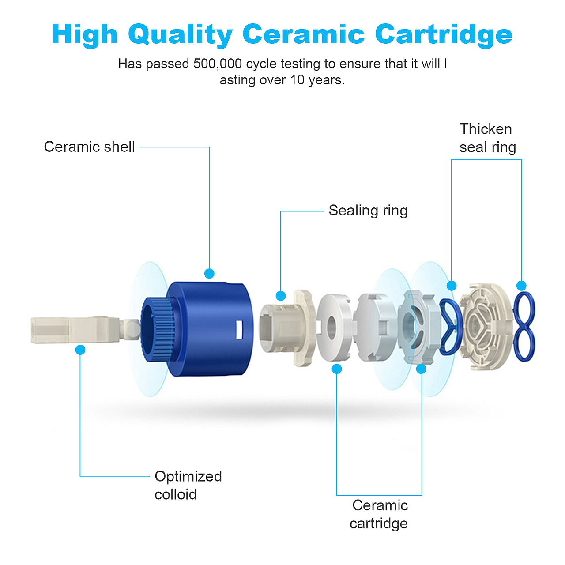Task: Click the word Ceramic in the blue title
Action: (x=303, y=34)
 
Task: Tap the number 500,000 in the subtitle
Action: (x=217, y=64)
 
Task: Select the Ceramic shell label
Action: (x=90, y=147)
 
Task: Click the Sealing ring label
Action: (x=368, y=211)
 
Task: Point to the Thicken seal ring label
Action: (x=488, y=138)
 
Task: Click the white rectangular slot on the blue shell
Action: (x=240, y=329)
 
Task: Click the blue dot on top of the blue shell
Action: (x=209, y=273)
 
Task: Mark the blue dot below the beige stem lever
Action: (x=80, y=350)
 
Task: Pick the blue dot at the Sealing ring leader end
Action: (x=281, y=296)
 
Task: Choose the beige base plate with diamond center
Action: (x=487, y=326)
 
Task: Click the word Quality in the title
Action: (x=181, y=36)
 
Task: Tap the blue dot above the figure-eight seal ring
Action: (x=521, y=285)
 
